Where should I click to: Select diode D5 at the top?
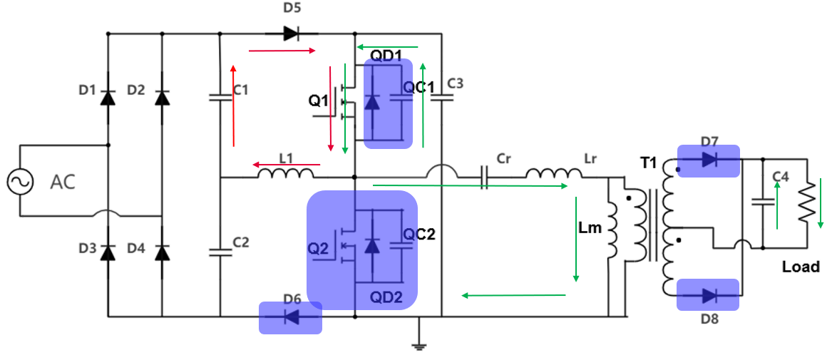[290, 33]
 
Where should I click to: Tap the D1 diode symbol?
[108, 97]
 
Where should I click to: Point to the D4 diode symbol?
[163, 252]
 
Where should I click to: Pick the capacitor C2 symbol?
[220, 250]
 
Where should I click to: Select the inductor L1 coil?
[285, 173]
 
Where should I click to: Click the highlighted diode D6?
[290, 317]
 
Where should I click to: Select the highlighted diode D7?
[708, 160]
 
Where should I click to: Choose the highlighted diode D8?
[708, 294]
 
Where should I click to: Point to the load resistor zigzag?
[806, 203]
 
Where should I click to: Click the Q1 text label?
[318, 101]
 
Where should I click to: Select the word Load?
[801, 267]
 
